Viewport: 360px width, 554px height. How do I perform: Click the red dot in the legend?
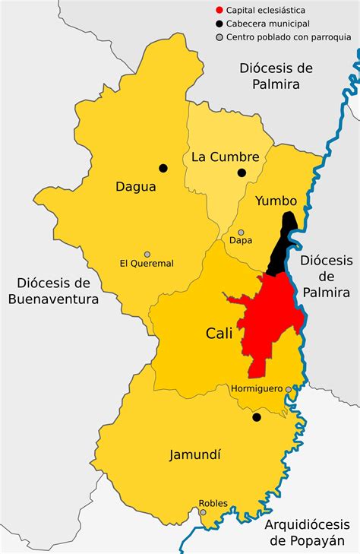coord(219,11)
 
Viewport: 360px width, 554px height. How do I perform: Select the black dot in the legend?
coord(219,24)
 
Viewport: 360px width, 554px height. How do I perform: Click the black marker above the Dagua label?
coord(163,168)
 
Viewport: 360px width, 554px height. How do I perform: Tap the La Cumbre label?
coord(225,157)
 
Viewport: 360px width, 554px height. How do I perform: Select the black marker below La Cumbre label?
coord(242,173)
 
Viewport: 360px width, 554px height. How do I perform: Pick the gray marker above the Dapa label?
coord(241,233)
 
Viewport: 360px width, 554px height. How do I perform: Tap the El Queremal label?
coord(147,264)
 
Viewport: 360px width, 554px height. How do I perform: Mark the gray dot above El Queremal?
coord(147,255)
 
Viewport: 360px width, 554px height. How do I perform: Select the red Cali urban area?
coord(273,319)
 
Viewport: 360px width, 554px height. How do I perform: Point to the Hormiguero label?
coord(256,389)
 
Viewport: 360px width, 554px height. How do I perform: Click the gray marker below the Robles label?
coord(203,512)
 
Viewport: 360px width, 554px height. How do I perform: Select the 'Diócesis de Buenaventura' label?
coord(54,290)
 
